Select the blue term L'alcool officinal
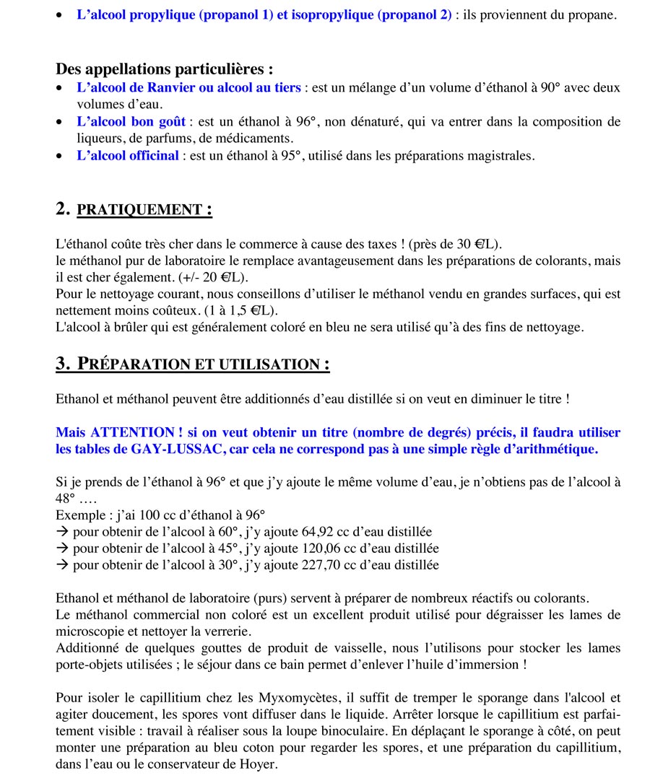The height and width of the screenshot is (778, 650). point(127,155)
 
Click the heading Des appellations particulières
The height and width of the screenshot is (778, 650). point(165,69)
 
